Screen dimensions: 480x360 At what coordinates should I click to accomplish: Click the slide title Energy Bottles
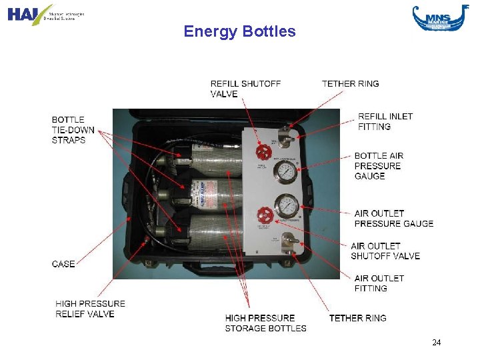(239, 31)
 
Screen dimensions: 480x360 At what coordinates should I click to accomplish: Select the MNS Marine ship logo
(436, 17)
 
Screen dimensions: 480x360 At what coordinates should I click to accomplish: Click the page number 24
(437, 343)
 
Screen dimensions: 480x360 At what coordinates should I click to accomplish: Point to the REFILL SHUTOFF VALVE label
(245, 89)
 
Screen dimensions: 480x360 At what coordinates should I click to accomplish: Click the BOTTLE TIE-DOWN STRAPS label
(73, 130)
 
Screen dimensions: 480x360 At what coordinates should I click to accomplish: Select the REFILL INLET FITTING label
(385, 121)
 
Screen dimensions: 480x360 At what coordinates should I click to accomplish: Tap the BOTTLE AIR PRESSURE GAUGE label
(378, 166)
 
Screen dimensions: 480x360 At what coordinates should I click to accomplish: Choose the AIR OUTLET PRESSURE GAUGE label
(393, 218)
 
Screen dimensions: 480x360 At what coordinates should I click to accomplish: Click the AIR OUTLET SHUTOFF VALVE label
(385, 251)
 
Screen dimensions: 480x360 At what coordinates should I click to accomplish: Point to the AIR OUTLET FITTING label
(379, 283)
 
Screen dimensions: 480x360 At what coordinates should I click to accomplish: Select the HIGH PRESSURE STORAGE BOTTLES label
(265, 323)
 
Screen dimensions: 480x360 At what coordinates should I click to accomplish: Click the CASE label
(63, 264)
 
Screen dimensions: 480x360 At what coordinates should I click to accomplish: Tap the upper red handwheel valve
(265, 151)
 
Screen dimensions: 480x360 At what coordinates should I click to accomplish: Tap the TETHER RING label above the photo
(350, 84)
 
